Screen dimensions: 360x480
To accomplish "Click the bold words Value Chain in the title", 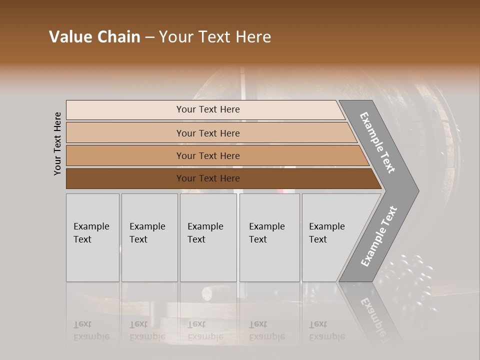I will coord(94,37).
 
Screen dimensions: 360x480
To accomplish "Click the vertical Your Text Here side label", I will coord(57,143).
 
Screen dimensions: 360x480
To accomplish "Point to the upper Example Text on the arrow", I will coord(377,142).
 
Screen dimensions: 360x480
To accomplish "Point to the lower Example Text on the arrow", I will coord(379,236).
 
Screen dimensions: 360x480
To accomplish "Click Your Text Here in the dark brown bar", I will coord(208,178).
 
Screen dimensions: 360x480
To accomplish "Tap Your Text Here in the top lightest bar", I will coord(208,109).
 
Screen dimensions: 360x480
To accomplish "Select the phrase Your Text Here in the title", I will coord(215,37).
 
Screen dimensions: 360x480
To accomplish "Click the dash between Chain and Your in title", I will coord(149,37).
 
